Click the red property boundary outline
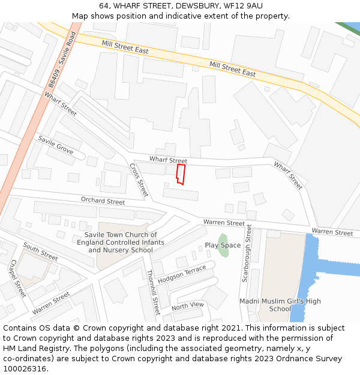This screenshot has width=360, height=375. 180,174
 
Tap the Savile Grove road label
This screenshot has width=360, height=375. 56,145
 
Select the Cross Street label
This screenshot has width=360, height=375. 139,180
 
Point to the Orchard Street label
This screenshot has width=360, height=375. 103,201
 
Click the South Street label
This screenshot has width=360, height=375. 41,251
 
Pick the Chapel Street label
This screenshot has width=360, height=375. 17,278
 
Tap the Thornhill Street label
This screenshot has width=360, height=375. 154,292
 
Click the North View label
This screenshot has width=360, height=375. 188,306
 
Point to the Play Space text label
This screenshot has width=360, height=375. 223,245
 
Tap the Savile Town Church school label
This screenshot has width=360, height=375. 121,242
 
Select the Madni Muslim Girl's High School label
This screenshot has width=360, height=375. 280,305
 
